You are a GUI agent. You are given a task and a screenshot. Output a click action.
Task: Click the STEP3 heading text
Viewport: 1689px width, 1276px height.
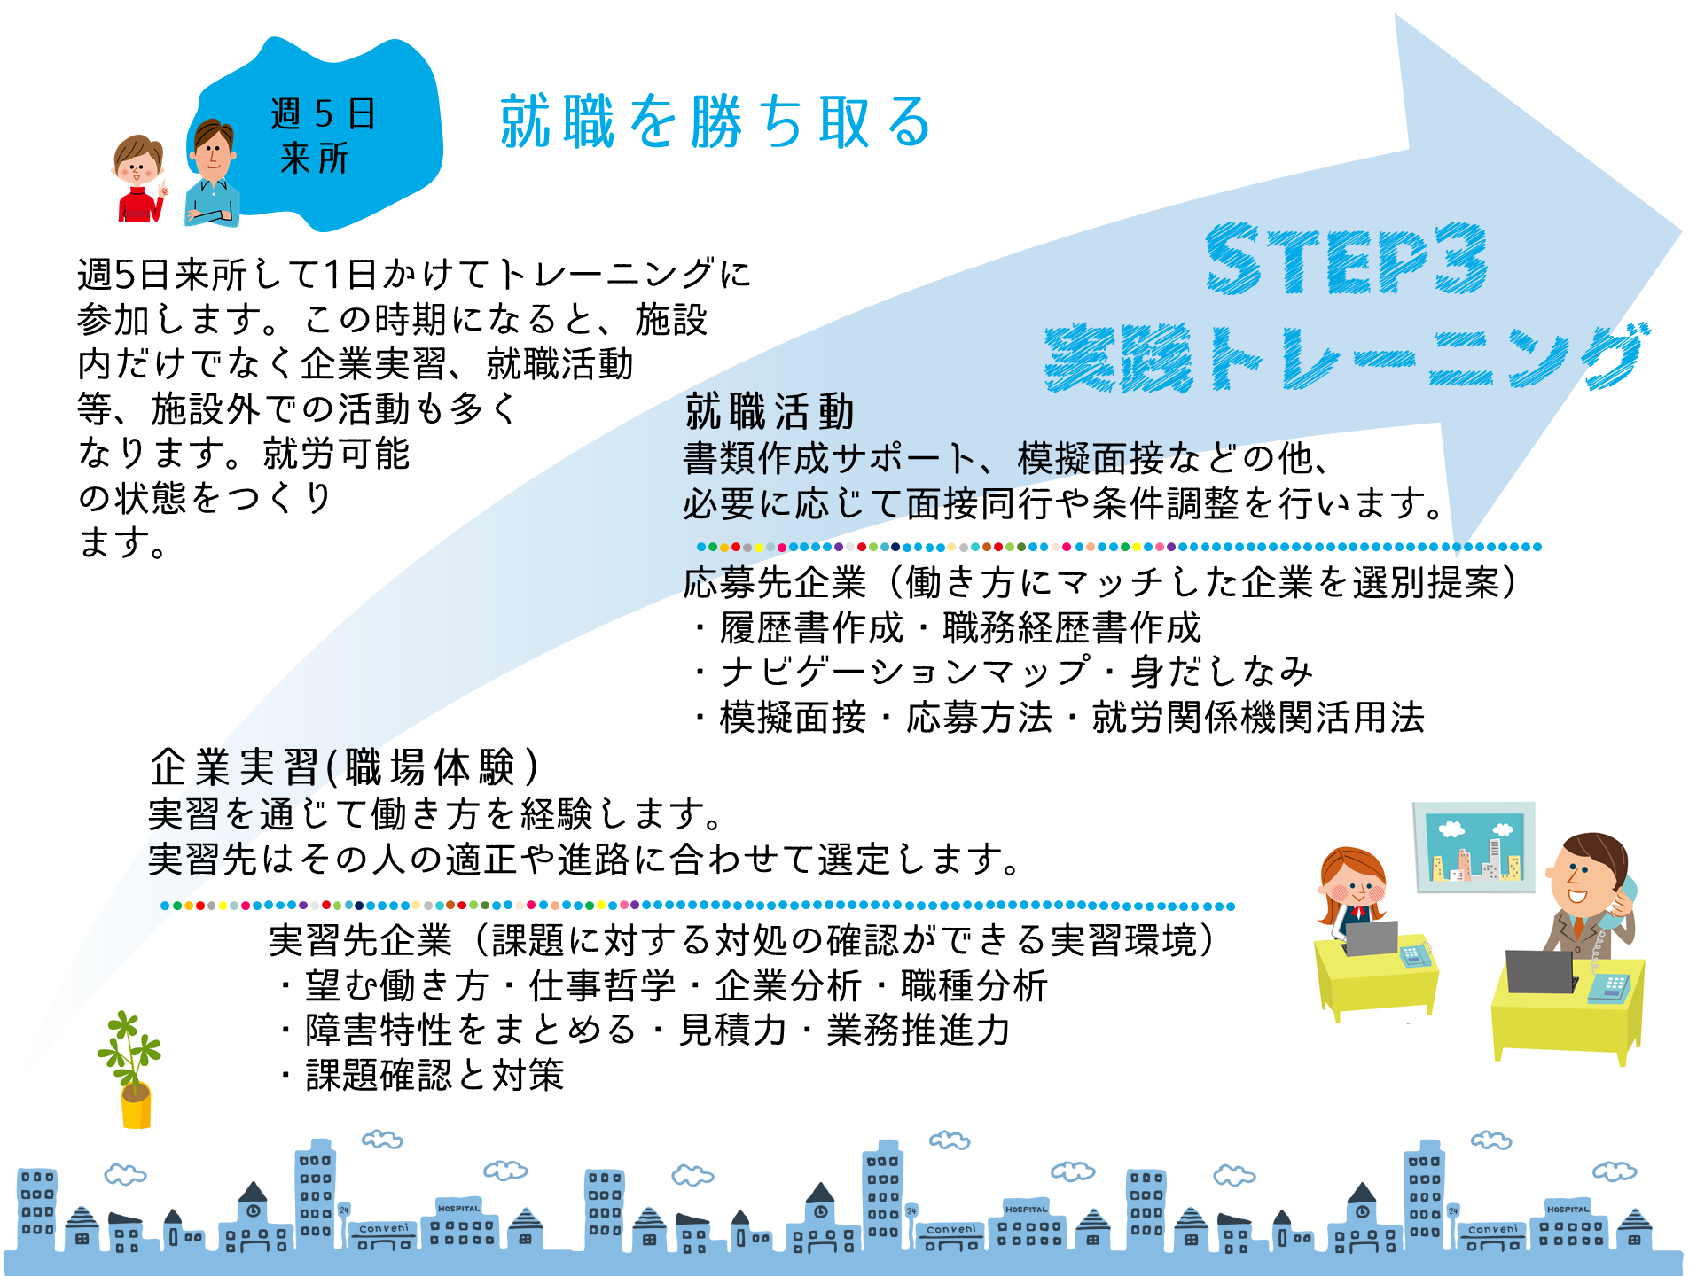[x=1346, y=259]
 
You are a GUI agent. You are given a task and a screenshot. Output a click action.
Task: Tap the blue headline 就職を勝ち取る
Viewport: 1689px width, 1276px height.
[x=715, y=121]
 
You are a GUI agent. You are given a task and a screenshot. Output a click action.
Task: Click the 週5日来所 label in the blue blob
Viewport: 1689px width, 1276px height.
[x=321, y=136]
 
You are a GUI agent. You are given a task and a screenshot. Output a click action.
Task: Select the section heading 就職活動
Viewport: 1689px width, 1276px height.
[x=770, y=412]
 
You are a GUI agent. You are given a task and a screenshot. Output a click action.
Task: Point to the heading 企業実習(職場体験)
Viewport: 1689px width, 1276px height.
[x=344, y=767]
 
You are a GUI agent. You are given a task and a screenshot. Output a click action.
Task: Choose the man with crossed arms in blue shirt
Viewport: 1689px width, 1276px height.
[x=212, y=174]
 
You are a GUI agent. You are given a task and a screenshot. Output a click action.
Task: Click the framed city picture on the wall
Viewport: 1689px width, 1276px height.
[x=1474, y=847]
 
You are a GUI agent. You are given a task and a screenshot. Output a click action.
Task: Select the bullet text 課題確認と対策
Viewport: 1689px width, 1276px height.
[x=434, y=1075]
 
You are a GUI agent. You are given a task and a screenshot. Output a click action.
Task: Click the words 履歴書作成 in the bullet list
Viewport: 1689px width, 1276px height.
[x=811, y=627]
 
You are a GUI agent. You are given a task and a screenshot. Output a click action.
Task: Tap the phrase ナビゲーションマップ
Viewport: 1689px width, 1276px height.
[x=905, y=672]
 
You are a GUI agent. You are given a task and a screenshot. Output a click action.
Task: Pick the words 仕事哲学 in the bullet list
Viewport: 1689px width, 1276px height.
[x=602, y=985]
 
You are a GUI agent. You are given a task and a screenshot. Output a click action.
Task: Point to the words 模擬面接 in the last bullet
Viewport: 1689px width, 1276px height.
[x=793, y=717]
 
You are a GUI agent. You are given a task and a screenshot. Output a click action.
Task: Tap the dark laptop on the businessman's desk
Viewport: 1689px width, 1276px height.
[x=1540, y=972]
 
